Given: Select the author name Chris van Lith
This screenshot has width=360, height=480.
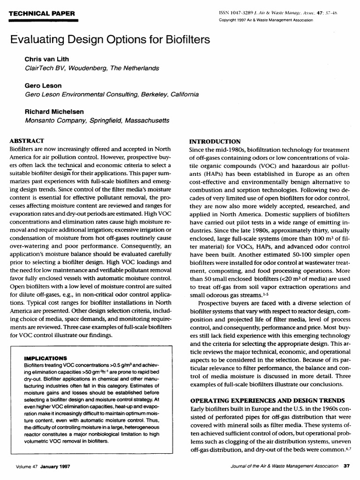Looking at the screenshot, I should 47,60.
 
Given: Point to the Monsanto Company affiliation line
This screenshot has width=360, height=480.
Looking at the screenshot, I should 97,120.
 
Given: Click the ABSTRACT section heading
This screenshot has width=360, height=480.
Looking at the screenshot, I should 27,140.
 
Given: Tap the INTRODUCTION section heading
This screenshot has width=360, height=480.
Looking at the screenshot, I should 215,141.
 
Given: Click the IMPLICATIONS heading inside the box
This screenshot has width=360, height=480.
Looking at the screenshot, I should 45,358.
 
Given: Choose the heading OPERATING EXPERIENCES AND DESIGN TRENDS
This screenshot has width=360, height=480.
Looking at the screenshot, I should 267,400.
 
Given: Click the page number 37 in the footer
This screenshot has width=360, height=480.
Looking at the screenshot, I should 347,466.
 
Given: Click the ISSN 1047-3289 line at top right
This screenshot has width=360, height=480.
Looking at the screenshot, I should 286,14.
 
